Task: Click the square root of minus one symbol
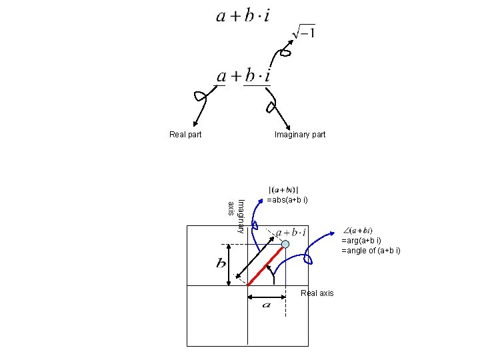[304, 32]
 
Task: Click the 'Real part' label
[185, 135]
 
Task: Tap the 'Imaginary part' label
[300, 135]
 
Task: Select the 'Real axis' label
[317, 293]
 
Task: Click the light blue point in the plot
[285, 245]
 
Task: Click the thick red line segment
[266, 265]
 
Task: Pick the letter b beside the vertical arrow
[221, 264]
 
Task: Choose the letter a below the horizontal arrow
[266, 305]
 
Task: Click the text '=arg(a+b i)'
[361, 241]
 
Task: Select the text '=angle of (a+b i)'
[371, 251]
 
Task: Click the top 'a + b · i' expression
[243, 16]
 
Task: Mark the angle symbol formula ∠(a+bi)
[357, 231]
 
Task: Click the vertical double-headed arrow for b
[229, 264]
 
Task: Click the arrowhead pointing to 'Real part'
[193, 124]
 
